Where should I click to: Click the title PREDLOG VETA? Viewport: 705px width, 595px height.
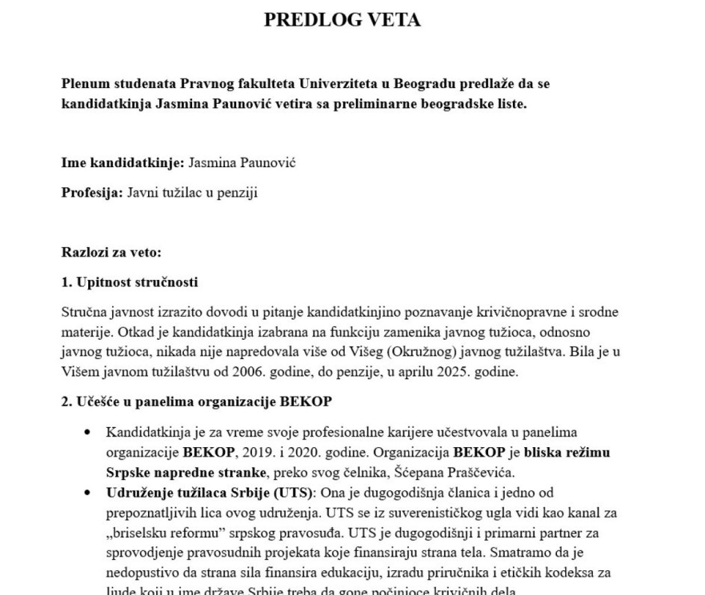342,20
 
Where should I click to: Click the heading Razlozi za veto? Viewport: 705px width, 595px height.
111,252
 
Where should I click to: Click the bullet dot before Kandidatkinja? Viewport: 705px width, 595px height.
87,433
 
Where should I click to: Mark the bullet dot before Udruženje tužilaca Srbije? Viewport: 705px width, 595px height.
87,493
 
